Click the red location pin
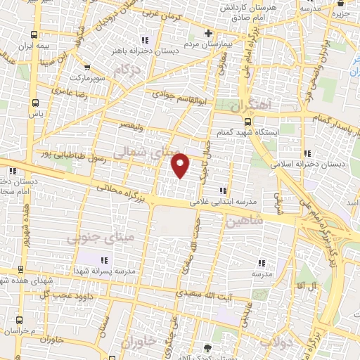tap(181, 165)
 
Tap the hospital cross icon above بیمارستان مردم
tap(208, 32)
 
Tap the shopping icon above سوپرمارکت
tap(87, 68)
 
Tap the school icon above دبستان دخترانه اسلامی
tap(307, 153)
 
